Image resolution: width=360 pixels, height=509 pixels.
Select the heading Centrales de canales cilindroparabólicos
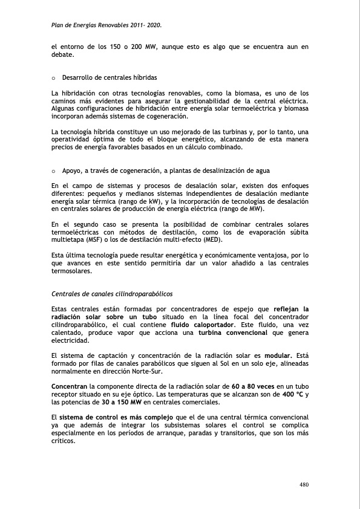[x=112, y=294]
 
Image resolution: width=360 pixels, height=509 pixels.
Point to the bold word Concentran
[x=69, y=386]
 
